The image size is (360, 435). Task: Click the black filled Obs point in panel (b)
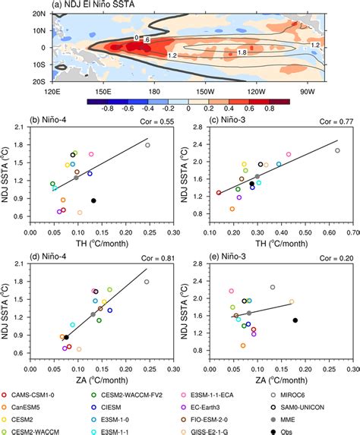93,200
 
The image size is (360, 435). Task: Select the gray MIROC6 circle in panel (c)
338,150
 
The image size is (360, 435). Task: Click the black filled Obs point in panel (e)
295,320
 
